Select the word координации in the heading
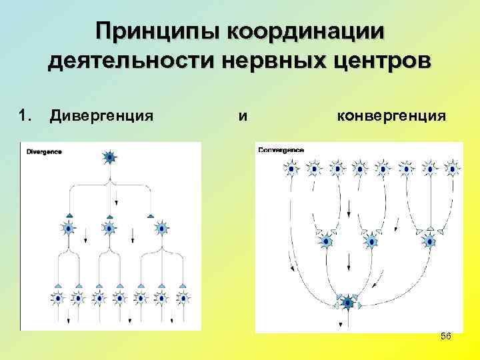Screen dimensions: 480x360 307,32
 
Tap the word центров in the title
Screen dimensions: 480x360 378,63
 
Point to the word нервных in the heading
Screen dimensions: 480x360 269,63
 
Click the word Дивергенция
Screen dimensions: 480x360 101,117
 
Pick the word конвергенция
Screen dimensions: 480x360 391,117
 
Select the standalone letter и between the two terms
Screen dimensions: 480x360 243,117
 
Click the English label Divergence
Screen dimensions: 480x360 43,151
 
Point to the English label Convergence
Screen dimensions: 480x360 280,150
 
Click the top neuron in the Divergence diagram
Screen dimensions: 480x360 110,158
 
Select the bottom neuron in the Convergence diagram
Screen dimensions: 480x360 347,303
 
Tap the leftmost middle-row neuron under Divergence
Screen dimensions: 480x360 69,229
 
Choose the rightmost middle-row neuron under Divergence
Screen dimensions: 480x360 161,229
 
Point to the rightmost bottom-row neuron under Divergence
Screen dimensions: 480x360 182,297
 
